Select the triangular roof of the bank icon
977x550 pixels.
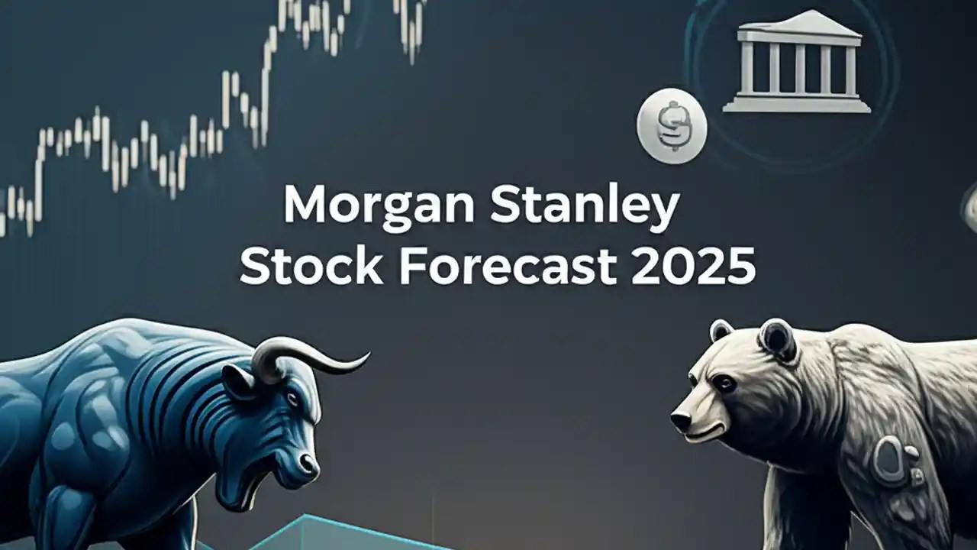pos(797,25)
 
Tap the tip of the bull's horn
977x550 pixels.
pos(367,355)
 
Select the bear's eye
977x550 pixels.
pos(721,381)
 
